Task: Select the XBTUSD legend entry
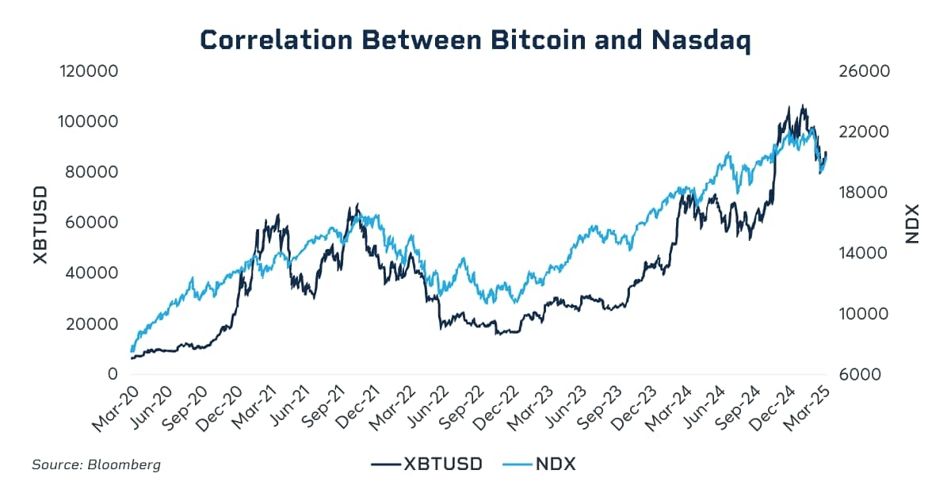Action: click(x=427, y=464)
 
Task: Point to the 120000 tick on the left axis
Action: click(x=89, y=71)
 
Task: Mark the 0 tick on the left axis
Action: click(x=112, y=374)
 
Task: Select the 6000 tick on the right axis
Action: click(x=859, y=374)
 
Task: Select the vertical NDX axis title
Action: click(x=911, y=223)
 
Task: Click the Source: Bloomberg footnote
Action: click(x=96, y=465)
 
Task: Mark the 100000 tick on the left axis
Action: click(x=89, y=122)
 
